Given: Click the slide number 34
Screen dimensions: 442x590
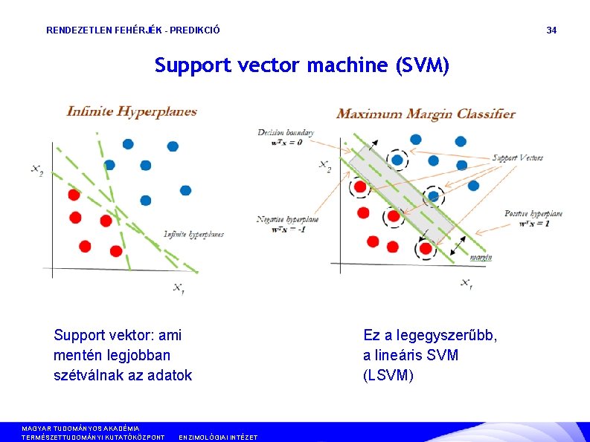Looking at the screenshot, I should (x=551, y=30).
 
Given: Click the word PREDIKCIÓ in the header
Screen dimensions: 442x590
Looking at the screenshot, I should (x=196, y=30).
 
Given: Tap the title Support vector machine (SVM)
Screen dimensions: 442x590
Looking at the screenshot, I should (x=302, y=66).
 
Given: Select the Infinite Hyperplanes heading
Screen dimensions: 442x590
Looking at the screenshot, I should (x=132, y=112).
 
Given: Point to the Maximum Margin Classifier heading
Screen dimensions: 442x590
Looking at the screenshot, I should (x=426, y=114).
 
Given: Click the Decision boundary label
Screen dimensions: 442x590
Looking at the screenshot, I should (x=286, y=133).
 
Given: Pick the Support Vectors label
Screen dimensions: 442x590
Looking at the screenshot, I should (x=518, y=157).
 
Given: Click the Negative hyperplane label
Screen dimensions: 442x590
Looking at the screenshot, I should (x=287, y=220).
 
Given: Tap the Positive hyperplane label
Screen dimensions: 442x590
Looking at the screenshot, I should (x=533, y=214).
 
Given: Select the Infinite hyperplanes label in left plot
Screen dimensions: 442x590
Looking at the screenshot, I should (x=193, y=235).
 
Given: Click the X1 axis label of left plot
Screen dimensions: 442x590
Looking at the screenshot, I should (x=179, y=287).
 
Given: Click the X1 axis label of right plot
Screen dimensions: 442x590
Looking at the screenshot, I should (x=465, y=282).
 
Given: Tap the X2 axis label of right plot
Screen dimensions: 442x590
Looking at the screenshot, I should (x=324, y=165).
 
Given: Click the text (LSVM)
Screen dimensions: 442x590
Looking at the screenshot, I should (x=388, y=375).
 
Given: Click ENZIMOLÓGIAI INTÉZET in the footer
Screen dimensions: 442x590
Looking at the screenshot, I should (x=218, y=438).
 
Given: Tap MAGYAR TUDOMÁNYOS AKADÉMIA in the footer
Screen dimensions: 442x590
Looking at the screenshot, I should (x=80, y=429).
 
